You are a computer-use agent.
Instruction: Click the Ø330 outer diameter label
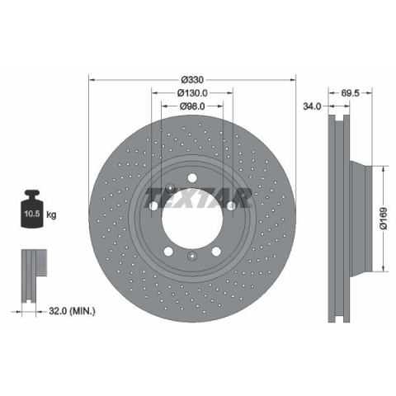coord(192,80)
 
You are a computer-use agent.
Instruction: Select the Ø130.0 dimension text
coord(192,93)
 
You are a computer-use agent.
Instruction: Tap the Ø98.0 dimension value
coord(192,106)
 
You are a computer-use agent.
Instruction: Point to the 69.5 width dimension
coord(350,93)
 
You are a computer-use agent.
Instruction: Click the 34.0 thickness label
coord(312,106)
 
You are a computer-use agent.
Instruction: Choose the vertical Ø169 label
coord(384,219)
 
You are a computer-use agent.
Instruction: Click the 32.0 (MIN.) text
coord(72,311)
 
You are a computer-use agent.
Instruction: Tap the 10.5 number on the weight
coord(32,214)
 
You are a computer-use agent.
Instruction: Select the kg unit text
coord(51,214)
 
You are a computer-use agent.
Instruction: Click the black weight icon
coord(32,209)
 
